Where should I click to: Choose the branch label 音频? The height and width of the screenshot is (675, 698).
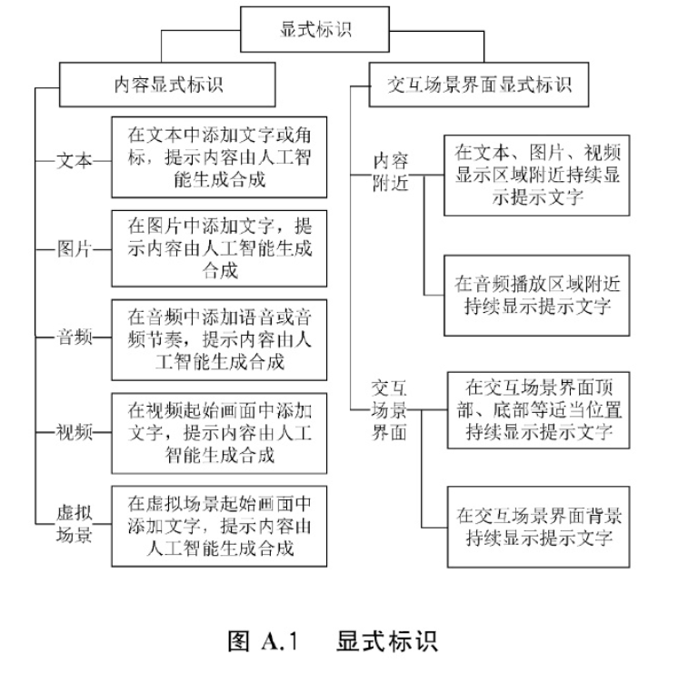(x=75, y=338)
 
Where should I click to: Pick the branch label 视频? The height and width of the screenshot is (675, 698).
(x=75, y=432)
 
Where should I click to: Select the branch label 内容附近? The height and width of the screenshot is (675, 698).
(x=393, y=171)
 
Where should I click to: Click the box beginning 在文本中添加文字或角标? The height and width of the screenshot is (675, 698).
(x=219, y=156)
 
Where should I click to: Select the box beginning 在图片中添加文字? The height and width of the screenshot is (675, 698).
(x=219, y=247)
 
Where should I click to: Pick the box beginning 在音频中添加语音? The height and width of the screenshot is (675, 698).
(x=219, y=339)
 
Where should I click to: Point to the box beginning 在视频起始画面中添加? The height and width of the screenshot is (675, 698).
(x=219, y=432)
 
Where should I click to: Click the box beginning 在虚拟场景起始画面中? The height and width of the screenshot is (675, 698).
(x=219, y=525)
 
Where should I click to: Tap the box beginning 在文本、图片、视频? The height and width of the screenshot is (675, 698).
(x=536, y=175)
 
